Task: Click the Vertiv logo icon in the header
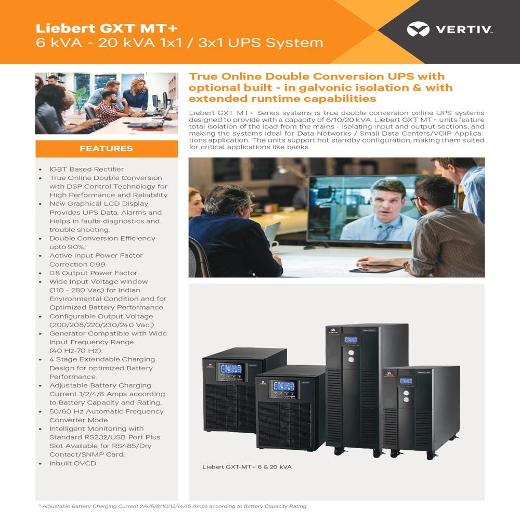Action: tap(418, 30)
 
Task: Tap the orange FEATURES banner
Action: tap(107, 149)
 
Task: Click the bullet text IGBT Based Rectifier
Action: tap(86, 169)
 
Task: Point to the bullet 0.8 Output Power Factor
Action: tap(94, 273)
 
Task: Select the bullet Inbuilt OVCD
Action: tap(73, 463)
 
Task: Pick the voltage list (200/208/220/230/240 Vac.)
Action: tap(94, 325)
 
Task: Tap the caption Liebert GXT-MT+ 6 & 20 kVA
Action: tap(247, 467)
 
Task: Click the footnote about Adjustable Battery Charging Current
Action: tap(173, 506)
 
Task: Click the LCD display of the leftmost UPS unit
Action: tap(230, 369)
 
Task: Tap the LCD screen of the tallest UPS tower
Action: tap(351, 340)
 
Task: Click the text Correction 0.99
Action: tap(78, 264)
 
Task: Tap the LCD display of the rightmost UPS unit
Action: tap(406, 381)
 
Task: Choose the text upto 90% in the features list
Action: tap(67, 247)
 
